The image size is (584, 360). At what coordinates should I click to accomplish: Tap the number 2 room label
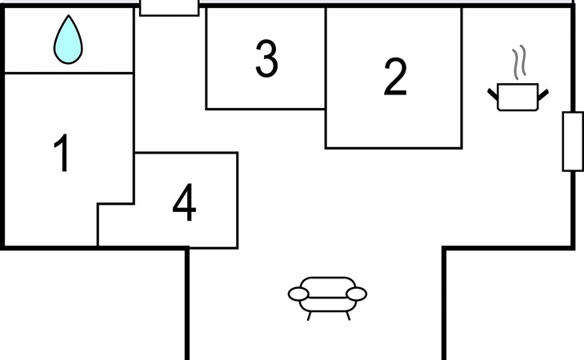coord(394,77)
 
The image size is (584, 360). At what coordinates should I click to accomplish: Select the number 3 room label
coord(266,58)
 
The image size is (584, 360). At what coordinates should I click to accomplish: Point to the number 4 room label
coord(184,202)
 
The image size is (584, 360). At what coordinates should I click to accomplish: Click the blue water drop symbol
coord(68,41)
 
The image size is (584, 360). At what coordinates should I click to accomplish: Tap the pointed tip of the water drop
coord(69,15)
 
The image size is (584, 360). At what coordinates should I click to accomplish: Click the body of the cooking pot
coord(518,97)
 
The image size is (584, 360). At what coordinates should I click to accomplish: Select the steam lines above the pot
coord(519,62)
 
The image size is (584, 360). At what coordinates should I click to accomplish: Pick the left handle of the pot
coord(493,94)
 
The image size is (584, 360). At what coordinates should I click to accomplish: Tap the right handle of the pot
coord(543,94)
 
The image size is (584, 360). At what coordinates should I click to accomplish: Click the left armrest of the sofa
coord(298,294)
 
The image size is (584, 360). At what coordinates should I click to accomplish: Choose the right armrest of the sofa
coord(357,294)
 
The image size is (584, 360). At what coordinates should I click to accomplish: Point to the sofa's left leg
coord(309,316)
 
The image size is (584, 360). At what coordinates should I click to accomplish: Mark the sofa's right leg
coord(348,316)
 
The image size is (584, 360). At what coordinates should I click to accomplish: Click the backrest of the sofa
coord(328,286)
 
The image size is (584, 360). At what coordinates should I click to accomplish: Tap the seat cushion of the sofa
coord(328,305)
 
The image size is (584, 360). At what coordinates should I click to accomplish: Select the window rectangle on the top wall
coord(169,7)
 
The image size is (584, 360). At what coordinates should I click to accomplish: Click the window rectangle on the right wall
coord(573,142)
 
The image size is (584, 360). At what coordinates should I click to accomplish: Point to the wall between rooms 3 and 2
coord(326,58)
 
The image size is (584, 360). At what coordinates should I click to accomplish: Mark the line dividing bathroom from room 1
coord(69,73)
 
